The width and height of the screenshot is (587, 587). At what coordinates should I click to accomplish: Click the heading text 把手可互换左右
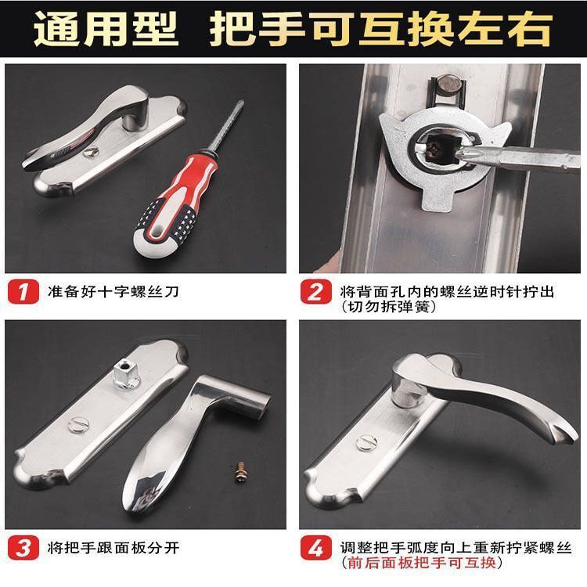coord(380,28)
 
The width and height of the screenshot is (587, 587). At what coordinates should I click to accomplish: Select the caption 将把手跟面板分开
coord(113,548)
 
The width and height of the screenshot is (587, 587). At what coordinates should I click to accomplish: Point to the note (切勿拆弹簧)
coord(388,307)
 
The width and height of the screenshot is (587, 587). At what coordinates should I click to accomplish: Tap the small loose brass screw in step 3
coord(235,470)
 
